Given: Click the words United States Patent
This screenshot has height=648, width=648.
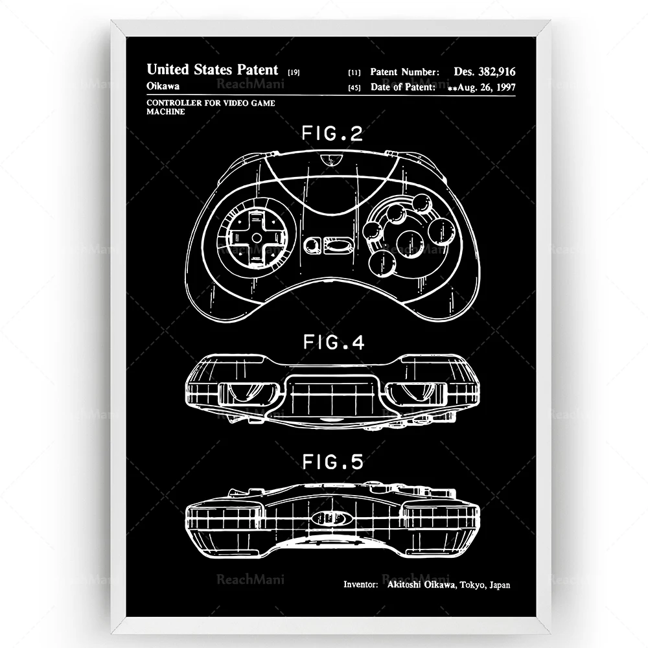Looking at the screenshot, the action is click(x=212, y=69).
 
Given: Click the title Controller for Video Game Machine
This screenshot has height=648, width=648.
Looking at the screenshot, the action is click(x=192, y=107).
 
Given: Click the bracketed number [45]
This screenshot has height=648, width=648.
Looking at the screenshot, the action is click(x=354, y=87).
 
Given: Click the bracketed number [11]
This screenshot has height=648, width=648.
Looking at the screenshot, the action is click(x=354, y=73).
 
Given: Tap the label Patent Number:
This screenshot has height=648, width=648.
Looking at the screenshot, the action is click(x=405, y=73).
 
